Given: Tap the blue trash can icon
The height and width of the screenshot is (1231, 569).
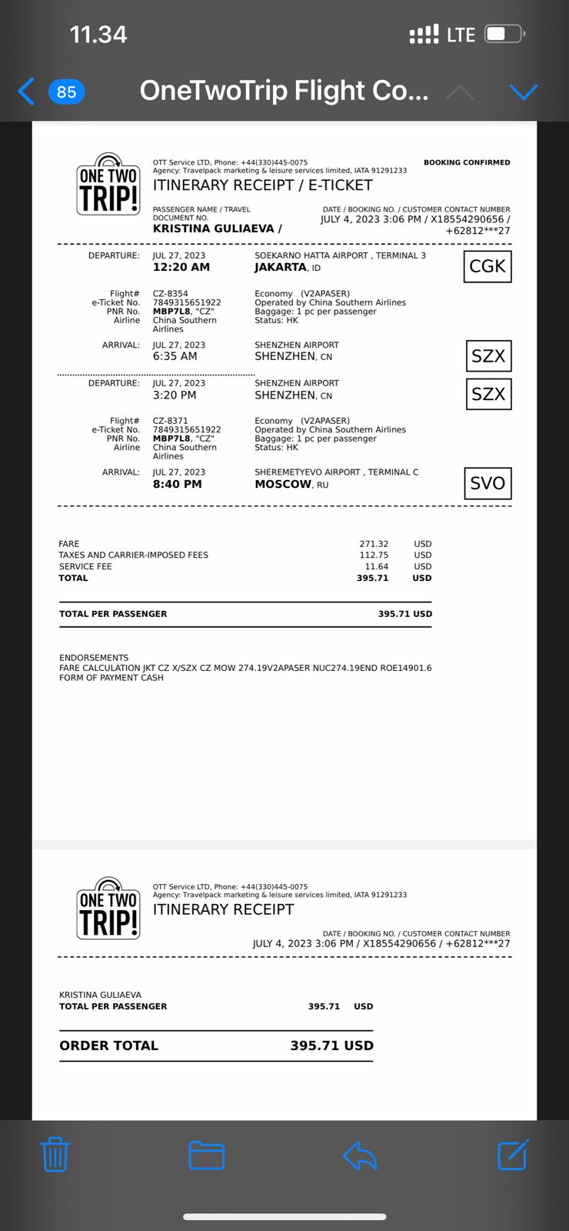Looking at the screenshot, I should (55, 1154).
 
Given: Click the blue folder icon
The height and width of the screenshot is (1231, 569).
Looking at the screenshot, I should (206, 1154).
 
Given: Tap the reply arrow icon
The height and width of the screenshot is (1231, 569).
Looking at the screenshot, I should (359, 1155).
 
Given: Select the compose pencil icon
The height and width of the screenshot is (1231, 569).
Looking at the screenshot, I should (513, 1154).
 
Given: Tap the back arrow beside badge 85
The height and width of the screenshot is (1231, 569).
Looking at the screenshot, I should (26, 92).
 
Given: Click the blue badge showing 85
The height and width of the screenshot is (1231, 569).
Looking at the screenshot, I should (66, 92).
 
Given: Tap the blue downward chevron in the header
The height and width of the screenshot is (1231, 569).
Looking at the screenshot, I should (524, 92).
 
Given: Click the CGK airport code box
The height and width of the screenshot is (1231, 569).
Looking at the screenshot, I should (487, 266).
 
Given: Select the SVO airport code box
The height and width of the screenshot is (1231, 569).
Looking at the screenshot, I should (487, 483).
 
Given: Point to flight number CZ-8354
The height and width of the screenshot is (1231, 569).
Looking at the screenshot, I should (170, 294).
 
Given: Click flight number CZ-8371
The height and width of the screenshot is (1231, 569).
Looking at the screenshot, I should (170, 421).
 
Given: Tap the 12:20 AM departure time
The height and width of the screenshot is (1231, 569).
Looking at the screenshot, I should (181, 268).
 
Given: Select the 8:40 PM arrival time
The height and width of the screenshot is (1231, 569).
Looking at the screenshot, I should (177, 484).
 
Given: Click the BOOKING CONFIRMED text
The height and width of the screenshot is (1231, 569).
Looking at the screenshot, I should (467, 162).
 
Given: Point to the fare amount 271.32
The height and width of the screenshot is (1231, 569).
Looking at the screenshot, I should (374, 544).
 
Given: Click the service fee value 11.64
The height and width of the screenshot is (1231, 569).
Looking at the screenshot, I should (376, 566).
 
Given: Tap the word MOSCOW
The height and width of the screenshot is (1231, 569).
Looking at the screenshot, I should (283, 484).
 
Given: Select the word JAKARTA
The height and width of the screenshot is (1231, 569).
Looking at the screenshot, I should (281, 268).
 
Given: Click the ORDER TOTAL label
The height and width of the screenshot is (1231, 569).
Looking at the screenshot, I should (108, 1046).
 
